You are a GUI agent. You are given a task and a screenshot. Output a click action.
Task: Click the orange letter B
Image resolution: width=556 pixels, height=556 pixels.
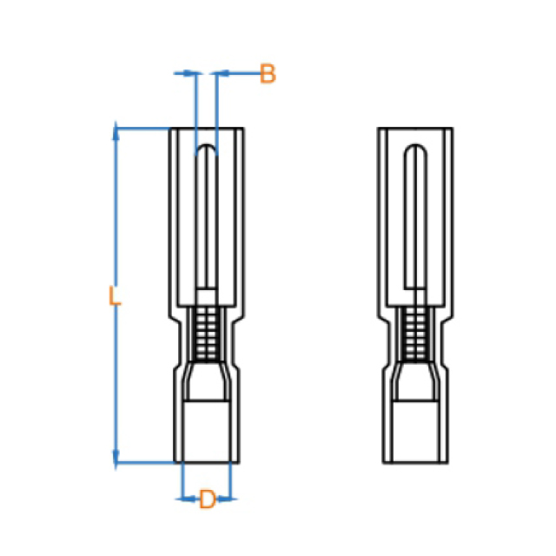coord(268,74)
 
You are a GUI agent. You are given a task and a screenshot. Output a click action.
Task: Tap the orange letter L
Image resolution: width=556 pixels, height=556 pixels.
coord(114,295)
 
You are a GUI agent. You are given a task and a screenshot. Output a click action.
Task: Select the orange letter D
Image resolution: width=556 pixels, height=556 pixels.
coord(208,499)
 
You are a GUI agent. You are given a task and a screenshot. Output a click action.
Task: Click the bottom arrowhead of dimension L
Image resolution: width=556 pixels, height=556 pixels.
coord(116,458)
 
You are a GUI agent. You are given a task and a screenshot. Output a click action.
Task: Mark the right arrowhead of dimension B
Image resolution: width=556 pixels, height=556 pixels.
coord(222,73)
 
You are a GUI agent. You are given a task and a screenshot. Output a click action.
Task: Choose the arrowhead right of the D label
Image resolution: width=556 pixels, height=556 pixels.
coord(225,499)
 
